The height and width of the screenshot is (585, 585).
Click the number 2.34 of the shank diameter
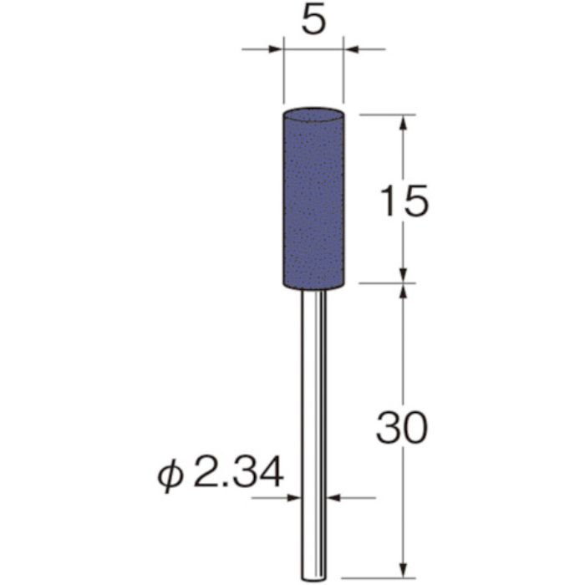pyautogui.click(x=239, y=473)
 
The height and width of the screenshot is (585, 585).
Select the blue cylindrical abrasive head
pyautogui.click(x=313, y=201)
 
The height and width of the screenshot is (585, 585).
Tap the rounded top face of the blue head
pyautogui.click(x=313, y=111)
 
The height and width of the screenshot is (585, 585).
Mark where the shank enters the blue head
pyautogui.click(x=313, y=292)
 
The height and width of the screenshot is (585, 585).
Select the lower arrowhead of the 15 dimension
pyautogui.click(x=404, y=275)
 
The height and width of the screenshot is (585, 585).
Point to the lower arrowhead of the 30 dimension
pyautogui.click(x=404, y=570)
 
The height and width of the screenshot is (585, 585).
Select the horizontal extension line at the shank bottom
pyautogui.click(x=376, y=577)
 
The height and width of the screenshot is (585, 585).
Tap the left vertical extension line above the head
pyautogui.click(x=283, y=79)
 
